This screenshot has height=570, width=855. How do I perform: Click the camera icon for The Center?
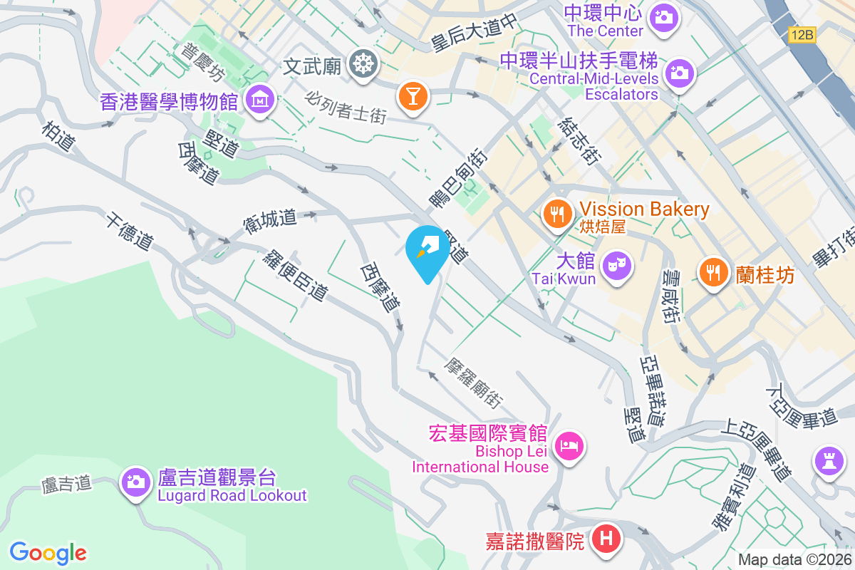664,15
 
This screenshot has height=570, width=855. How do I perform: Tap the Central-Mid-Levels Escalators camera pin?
679,72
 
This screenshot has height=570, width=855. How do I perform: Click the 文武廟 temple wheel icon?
363,65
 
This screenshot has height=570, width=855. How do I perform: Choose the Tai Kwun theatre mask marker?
617,265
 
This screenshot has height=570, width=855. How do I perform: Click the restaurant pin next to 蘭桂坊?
712,271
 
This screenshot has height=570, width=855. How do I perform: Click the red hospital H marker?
606,539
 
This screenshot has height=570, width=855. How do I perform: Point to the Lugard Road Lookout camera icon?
135,482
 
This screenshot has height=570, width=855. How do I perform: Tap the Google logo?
48,552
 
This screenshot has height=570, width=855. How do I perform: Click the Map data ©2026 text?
794,559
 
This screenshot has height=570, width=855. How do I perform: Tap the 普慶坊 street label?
202,63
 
